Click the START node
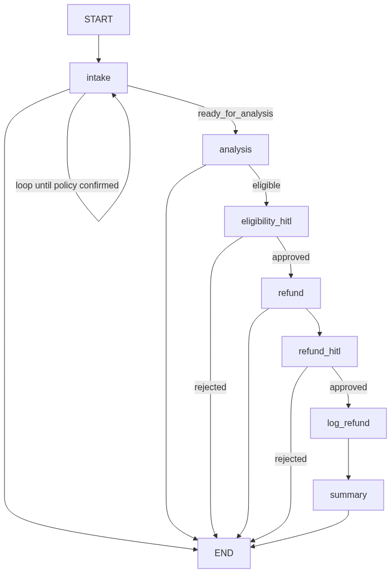pyautogui.click(x=99, y=20)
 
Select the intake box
pyautogui.click(x=99, y=78)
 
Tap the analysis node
pyautogui.click(x=235, y=150)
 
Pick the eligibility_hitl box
pyautogui.click(x=266, y=221)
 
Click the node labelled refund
pyautogui.click(x=291, y=293)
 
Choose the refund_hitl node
pyautogui.click(x=319, y=352)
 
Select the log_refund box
pyautogui.click(x=348, y=423)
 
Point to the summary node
pyautogui.click(x=348, y=495)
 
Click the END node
pyautogui.click(x=224, y=553)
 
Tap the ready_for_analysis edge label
pyautogui.click(x=235, y=114)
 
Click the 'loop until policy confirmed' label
pyautogui.click(x=67, y=186)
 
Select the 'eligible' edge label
pyautogui.click(x=266, y=186)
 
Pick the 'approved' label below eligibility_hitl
pyautogui.click(x=291, y=257)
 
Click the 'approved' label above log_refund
pyautogui.click(x=348, y=387)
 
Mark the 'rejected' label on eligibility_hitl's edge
pyautogui.click(x=210, y=387)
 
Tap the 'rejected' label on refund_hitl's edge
pyautogui.click(x=291, y=459)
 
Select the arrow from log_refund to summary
pyautogui.click(x=348, y=459)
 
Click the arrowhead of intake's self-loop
pyautogui.click(x=114, y=96)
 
